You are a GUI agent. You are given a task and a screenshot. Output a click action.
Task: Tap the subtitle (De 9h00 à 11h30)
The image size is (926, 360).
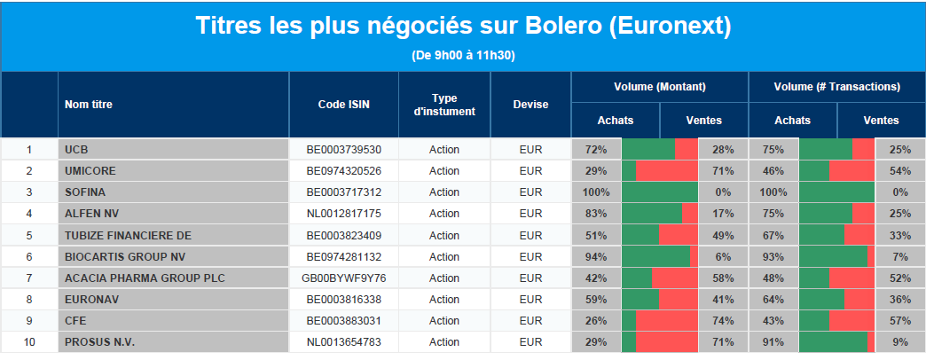pyautogui.click(x=463, y=56)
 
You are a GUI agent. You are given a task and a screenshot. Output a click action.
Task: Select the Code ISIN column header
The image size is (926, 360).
pyautogui.click(x=344, y=105)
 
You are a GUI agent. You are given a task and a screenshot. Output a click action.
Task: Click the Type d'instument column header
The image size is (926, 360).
pyautogui.click(x=444, y=105)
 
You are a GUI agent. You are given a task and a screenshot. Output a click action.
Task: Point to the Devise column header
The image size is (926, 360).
pyautogui.click(x=531, y=105)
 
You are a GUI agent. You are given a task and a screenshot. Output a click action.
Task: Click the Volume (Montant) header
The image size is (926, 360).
pyautogui.click(x=660, y=87)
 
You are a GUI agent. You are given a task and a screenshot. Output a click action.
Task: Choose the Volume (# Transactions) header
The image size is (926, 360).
pyautogui.click(x=836, y=87)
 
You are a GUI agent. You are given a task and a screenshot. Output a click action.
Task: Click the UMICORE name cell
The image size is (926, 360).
pyautogui.click(x=90, y=171)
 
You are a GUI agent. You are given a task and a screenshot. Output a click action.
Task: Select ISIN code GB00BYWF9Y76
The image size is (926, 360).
pyautogui.click(x=344, y=278)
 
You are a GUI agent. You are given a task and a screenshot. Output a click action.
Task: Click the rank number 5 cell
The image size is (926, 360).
pyautogui.click(x=29, y=236)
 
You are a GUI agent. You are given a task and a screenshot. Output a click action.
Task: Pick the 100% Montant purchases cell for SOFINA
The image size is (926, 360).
pyautogui.click(x=596, y=192)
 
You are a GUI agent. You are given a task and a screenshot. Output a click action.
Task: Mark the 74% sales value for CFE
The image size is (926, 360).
pyautogui.click(x=723, y=321)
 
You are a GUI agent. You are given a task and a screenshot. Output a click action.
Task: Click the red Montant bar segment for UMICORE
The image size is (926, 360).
pyautogui.click(x=667, y=171)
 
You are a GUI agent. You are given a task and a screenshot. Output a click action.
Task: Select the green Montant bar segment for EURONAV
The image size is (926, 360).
pyautogui.click(x=640, y=299)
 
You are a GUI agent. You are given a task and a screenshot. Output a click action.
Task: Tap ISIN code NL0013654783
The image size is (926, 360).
pyautogui.click(x=344, y=342)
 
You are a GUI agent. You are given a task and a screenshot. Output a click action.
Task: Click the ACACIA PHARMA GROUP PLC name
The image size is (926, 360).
pyautogui.click(x=145, y=278)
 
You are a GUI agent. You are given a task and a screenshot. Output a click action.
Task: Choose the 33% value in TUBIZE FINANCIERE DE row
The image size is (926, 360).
pyautogui.click(x=900, y=236)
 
